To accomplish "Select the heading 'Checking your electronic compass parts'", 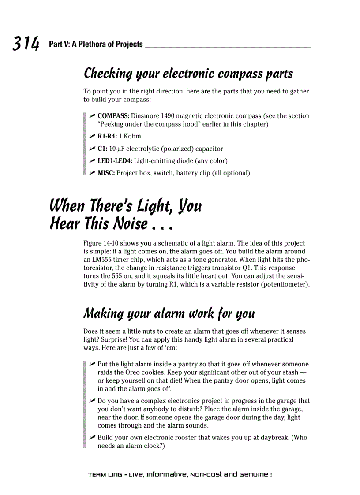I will pyautogui.click(x=188, y=74).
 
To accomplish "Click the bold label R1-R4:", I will pyautogui.click(x=107, y=136).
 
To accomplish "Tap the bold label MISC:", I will pyautogui.click(x=106, y=173).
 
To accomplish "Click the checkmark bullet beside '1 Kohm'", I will pyautogui.click(x=92, y=136).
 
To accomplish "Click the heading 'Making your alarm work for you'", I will pyautogui.click(x=169, y=314).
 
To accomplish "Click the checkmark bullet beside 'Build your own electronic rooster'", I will pyautogui.click(x=92, y=438).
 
